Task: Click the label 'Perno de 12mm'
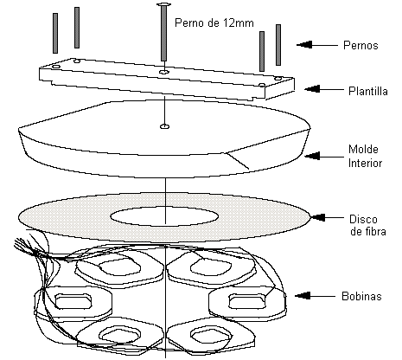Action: pos(214,22)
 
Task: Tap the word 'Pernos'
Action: pos(361,45)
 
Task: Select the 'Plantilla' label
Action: pos(368,91)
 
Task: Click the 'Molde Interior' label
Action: pos(365,156)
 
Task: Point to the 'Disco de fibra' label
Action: pos(367,225)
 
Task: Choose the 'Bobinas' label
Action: pos(361,296)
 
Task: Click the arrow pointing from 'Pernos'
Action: pos(317,45)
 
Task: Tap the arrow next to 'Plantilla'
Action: pos(324,89)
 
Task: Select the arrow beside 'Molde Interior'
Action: pos(324,156)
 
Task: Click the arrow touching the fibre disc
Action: pos(326,217)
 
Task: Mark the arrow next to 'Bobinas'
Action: pos(316,296)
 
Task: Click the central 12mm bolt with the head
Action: pos(163,32)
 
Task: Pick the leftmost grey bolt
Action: pos(55,33)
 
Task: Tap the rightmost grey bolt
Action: pos(278,45)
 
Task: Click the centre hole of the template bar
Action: pos(163,72)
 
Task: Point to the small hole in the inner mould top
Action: pos(164,126)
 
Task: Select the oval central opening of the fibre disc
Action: pos(164,216)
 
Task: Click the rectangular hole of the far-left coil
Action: pos(73,301)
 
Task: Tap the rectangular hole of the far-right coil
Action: pos(247,301)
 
